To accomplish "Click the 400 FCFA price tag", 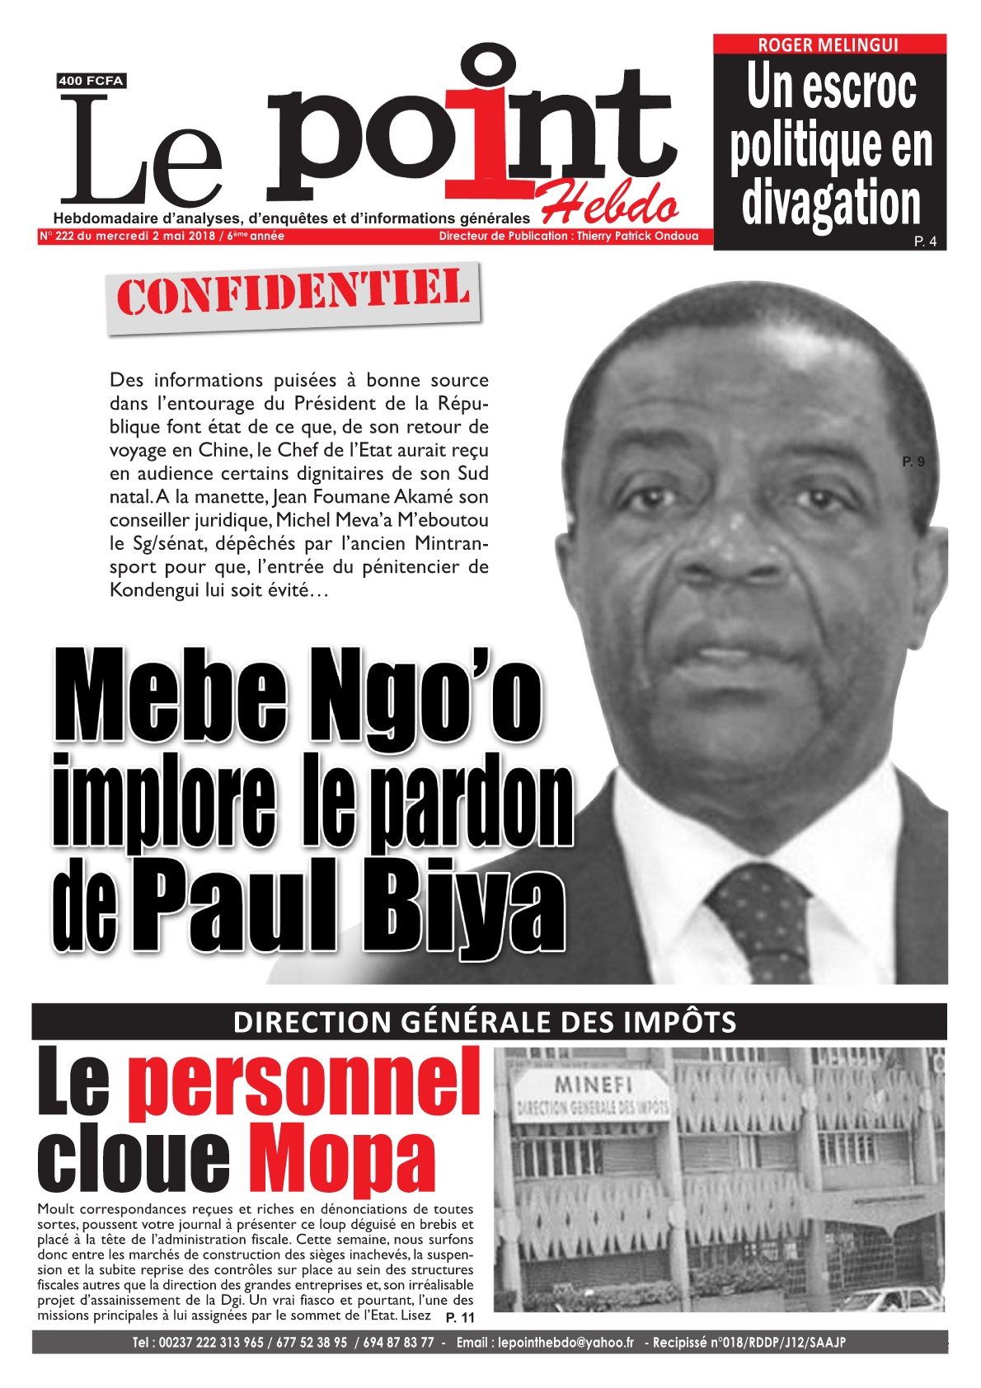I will (91, 81).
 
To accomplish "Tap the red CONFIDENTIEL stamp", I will (293, 296).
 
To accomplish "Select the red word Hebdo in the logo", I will (609, 203).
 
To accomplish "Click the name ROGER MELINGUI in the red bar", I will (828, 45).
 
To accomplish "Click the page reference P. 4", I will (925, 241).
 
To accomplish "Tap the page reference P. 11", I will (460, 1318).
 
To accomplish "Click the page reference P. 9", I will (913, 462).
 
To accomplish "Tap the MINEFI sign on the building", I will (594, 1085).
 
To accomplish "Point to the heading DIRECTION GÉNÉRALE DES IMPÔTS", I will (485, 1022).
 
